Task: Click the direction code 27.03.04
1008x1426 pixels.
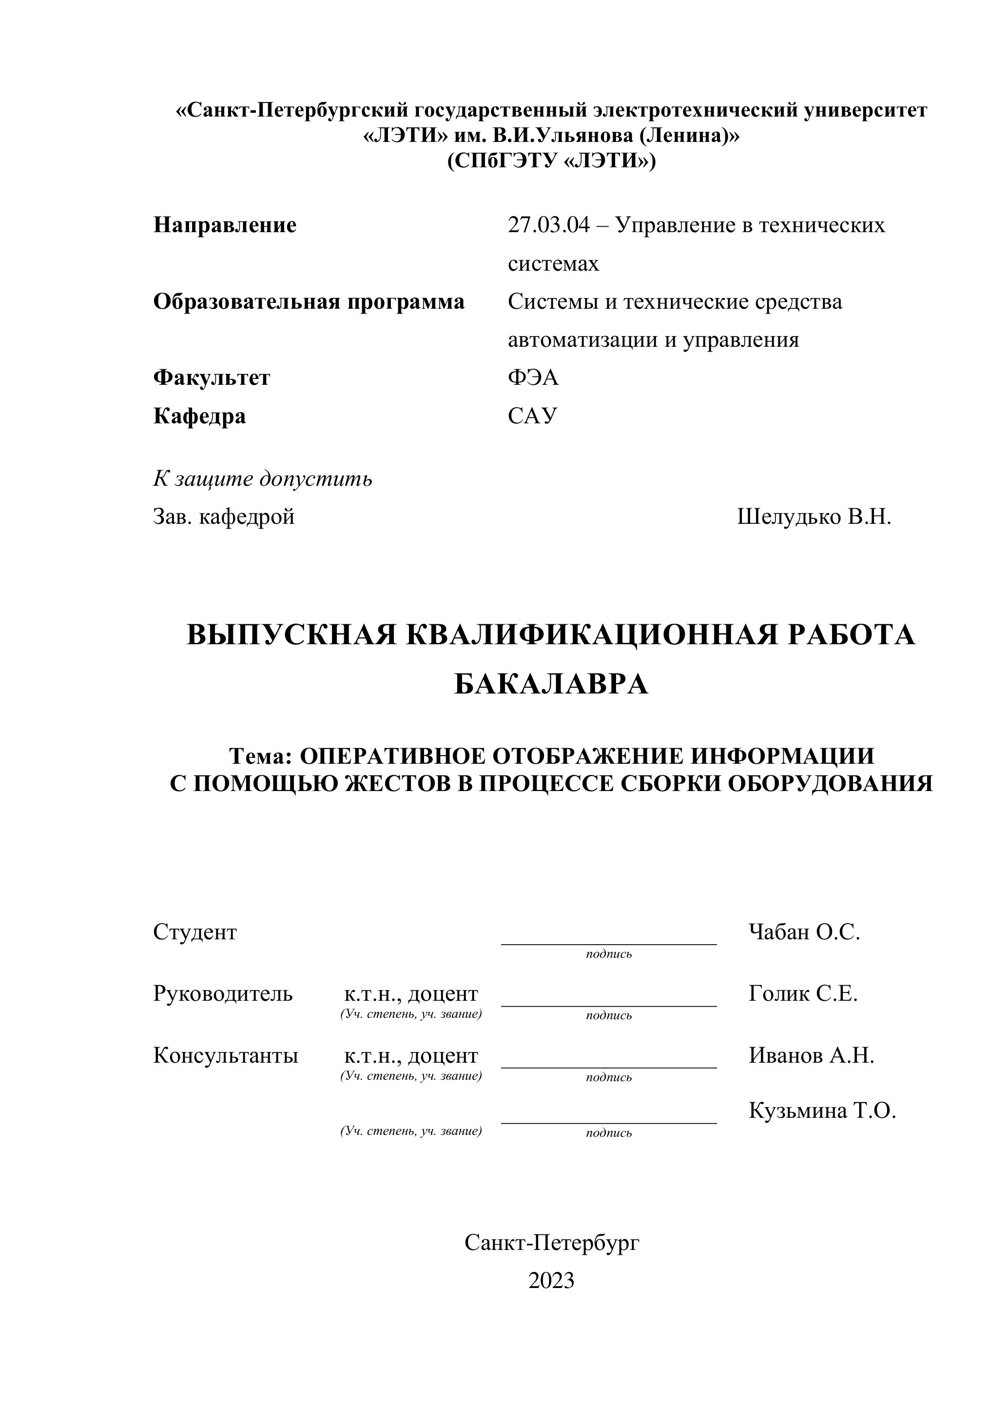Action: [548, 225]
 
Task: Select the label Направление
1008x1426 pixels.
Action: [225, 225]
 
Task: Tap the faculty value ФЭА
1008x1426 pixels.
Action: [533, 377]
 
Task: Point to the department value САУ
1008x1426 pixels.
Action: [533, 416]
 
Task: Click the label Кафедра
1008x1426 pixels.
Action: [199, 416]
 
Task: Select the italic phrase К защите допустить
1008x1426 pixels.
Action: [263, 479]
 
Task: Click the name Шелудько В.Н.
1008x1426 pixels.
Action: [814, 517]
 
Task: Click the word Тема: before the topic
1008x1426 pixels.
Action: [261, 756]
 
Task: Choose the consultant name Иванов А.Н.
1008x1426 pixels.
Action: [811, 1055]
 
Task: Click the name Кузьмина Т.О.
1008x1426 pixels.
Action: [822, 1110]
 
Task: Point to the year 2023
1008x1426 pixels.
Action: [551, 1281]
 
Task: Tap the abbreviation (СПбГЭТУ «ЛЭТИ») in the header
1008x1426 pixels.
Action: [551, 161]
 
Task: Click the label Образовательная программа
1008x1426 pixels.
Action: [309, 302]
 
